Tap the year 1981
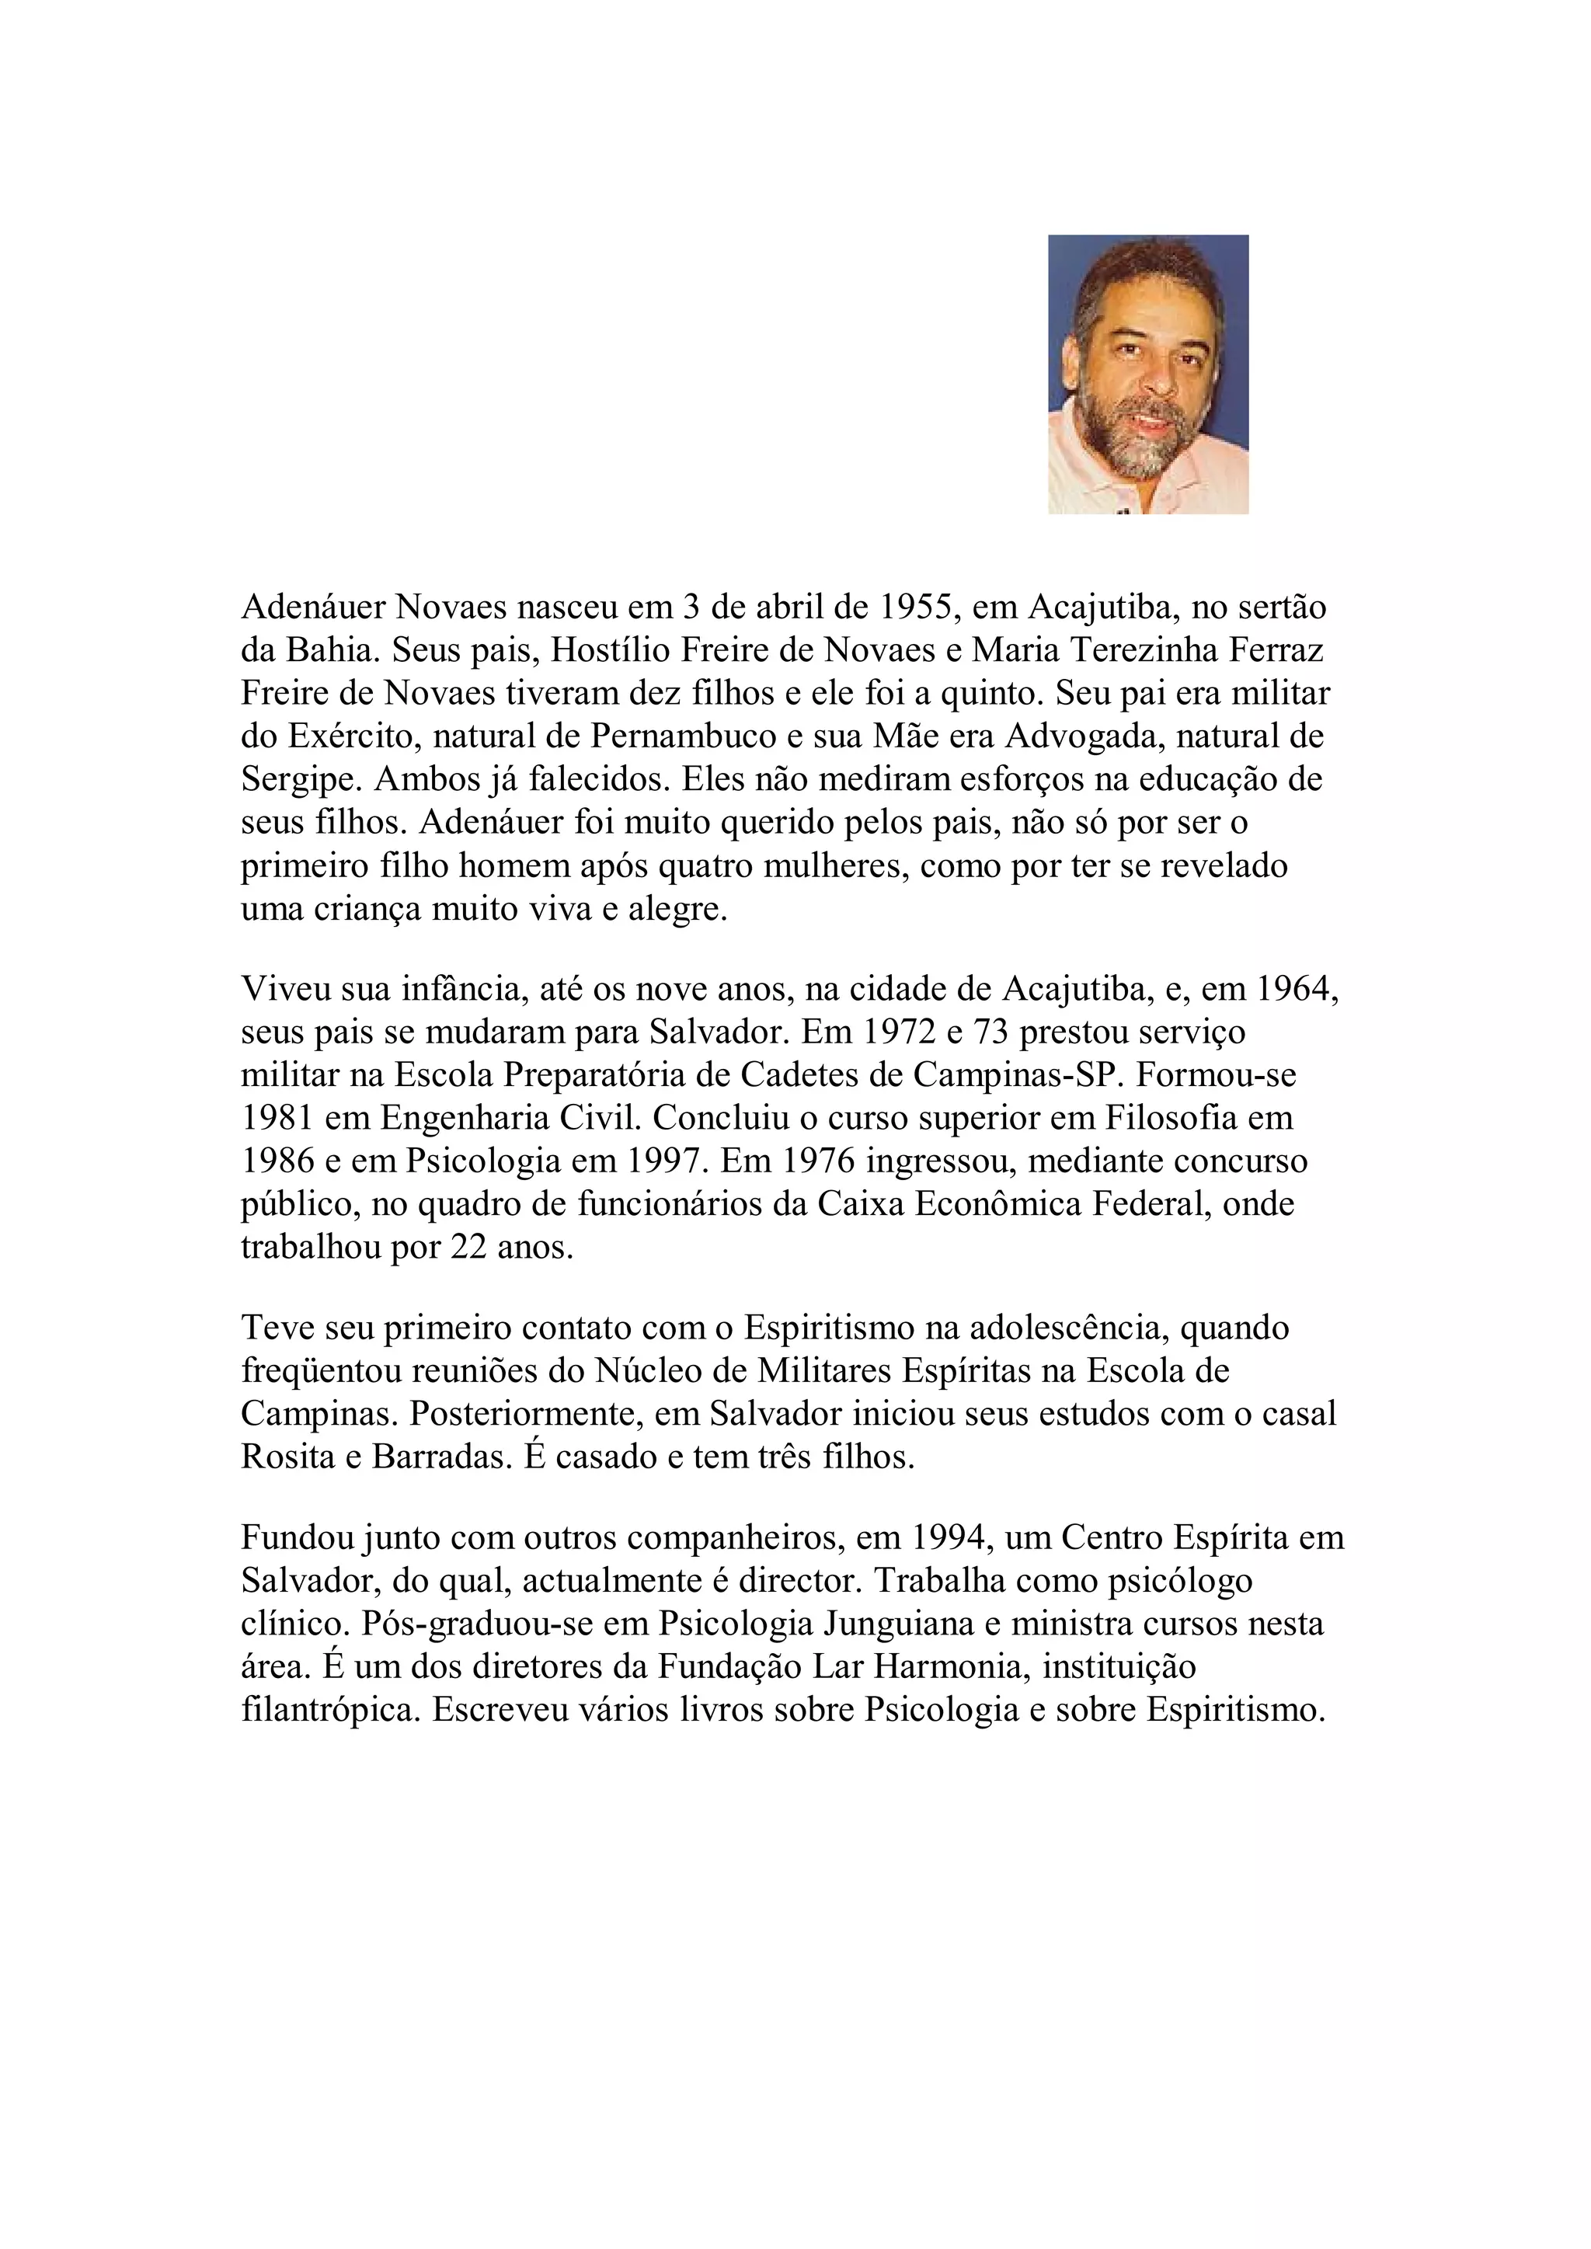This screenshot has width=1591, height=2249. [x=279, y=1119]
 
